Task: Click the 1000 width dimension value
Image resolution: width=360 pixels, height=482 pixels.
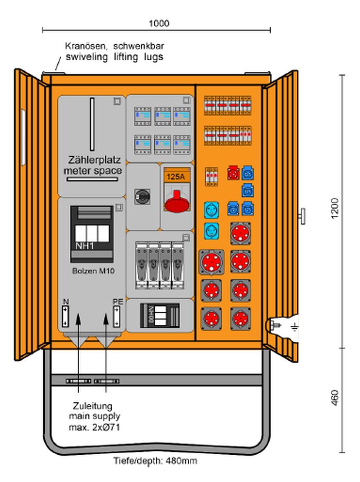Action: (159, 23)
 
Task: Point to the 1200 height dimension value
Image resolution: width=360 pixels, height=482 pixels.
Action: (335, 209)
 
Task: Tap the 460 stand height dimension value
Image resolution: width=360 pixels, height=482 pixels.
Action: (335, 398)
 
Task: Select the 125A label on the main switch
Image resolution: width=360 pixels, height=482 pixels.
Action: (176, 176)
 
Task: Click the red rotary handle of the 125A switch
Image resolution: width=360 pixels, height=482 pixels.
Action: (177, 202)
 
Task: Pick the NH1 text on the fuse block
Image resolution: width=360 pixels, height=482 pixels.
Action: (84, 246)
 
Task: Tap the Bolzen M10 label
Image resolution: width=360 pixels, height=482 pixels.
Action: (93, 271)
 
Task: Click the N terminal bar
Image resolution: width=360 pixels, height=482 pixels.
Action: (65, 317)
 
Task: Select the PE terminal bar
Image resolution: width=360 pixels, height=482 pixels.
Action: (117, 317)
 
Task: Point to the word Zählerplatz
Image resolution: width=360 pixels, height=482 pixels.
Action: (94, 160)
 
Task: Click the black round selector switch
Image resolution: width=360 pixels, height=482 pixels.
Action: (142, 196)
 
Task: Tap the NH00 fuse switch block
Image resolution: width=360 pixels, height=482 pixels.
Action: (159, 316)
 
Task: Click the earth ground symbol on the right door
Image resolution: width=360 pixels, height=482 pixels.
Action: (295, 327)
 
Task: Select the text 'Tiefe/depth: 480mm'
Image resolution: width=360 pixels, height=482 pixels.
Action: (155, 461)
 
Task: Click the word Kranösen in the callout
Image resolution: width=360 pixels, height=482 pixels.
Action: (86, 46)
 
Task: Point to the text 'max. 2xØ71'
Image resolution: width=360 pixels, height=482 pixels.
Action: (94, 427)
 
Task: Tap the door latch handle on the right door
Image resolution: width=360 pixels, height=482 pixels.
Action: (302, 216)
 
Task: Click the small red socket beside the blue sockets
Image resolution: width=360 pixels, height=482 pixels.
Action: (233, 173)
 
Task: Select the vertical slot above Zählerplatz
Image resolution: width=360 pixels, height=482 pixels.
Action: (92, 124)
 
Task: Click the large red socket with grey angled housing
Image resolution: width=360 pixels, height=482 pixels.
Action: (211, 262)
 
